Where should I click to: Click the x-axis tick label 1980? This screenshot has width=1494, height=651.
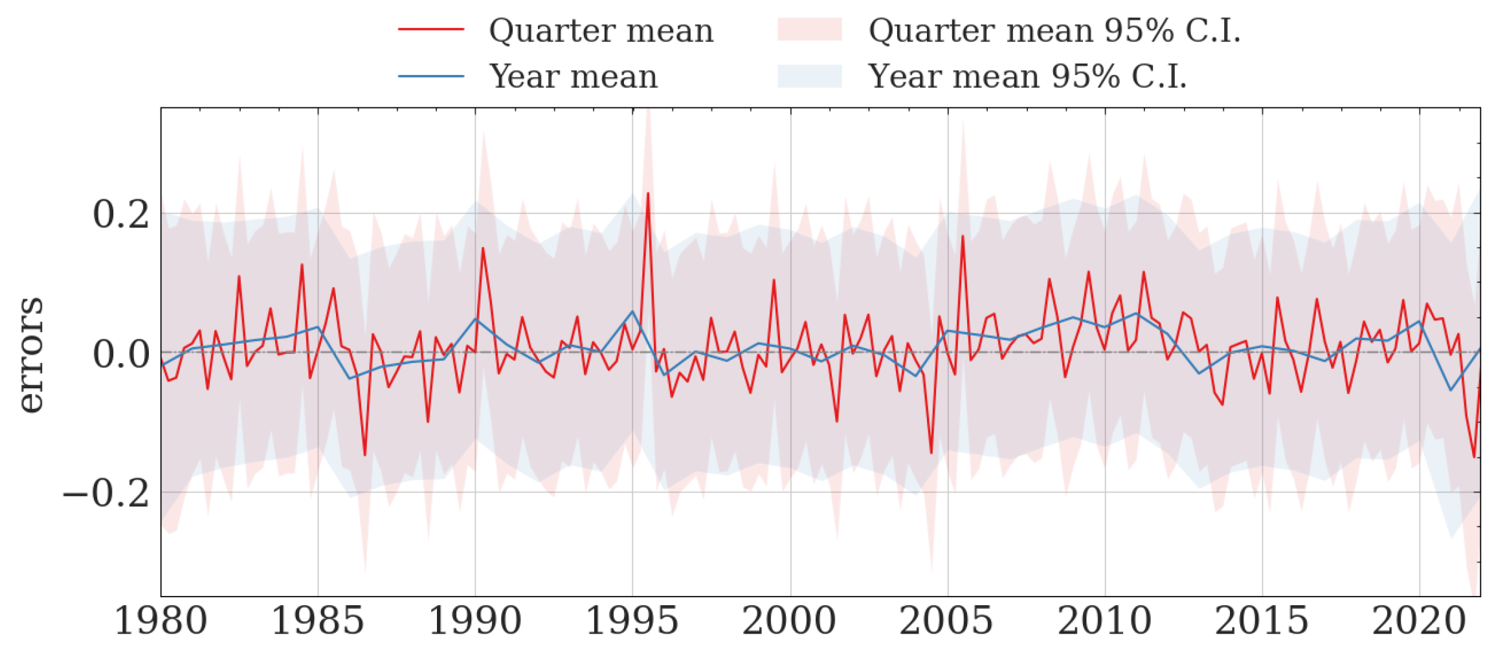click(x=161, y=621)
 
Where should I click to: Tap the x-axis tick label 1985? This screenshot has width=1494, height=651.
click(x=318, y=621)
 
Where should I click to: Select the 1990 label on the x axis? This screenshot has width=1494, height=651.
click(x=475, y=621)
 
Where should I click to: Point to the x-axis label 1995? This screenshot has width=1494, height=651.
click(x=632, y=621)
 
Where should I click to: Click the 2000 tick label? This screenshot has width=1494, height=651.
click(x=790, y=621)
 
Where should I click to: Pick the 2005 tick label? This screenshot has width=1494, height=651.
click(x=947, y=621)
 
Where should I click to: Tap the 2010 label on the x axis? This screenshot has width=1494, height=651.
click(x=1105, y=621)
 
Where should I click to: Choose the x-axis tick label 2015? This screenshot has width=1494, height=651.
click(x=1262, y=621)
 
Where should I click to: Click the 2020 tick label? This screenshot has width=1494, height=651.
click(x=1420, y=621)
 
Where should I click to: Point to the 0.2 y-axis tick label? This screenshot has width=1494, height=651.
click(x=122, y=214)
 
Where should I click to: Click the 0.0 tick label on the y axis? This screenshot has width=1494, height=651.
click(x=122, y=354)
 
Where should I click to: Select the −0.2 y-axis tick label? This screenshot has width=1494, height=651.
click(x=107, y=494)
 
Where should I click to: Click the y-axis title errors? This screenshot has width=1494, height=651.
click(x=30, y=355)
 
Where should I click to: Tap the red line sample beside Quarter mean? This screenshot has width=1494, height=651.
click(x=431, y=30)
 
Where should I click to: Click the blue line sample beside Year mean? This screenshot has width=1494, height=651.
click(x=431, y=76)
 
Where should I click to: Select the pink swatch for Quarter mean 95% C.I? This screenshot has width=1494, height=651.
click(x=809, y=30)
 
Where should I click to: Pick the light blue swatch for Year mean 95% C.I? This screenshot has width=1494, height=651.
click(x=809, y=76)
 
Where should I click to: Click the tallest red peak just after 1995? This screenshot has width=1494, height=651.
click(x=648, y=193)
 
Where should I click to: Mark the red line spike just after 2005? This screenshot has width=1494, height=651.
click(x=963, y=237)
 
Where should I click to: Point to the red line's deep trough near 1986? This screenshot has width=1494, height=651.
click(x=365, y=454)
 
